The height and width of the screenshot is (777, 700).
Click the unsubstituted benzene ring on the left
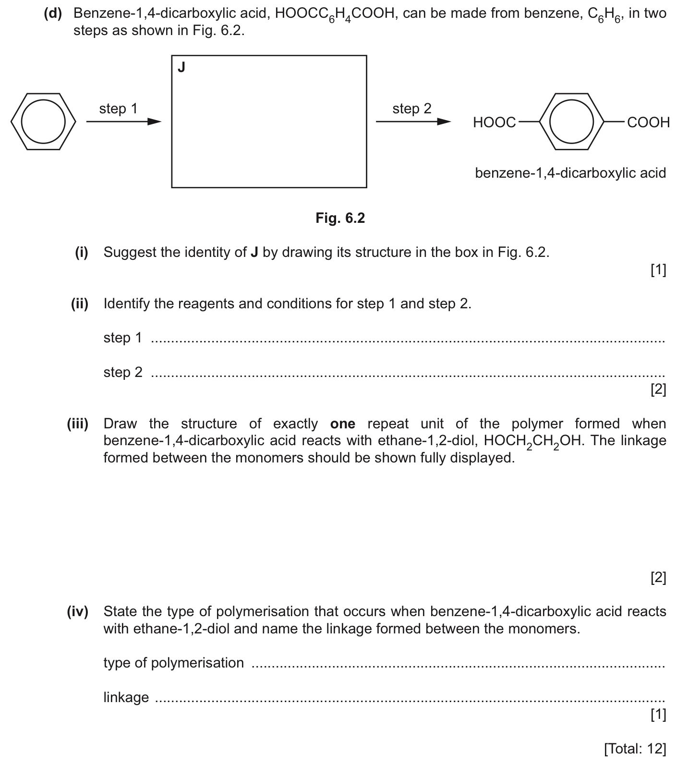click(44, 121)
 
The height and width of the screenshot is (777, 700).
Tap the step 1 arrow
click(123, 122)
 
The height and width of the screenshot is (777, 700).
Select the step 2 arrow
click(413, 122)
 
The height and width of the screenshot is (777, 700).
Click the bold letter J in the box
click(181, 67)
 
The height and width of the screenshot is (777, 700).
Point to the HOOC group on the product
click(494, 122)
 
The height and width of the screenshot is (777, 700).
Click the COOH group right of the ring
click(648, 122)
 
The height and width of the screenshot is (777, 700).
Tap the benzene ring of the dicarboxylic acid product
click(571, 121)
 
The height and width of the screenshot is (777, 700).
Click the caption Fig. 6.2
click(340, 218)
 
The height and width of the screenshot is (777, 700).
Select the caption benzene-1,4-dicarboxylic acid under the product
click(570, 173)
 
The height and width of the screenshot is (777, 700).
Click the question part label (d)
click(53, 13)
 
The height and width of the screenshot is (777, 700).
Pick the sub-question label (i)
click(82, 252)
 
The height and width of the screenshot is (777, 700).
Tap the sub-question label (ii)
click(80, 304)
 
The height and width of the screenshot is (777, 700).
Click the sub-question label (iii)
click(78, 424)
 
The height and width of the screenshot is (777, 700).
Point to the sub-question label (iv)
click(78, 611)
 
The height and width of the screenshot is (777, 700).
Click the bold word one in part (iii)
click(343, 424)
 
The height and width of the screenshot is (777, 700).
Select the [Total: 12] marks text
click(635, 748)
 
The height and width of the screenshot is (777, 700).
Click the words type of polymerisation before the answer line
click(173, 663)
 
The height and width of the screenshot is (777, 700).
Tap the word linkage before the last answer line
click(126, 697)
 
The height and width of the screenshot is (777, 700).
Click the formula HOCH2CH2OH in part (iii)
click(533, 441)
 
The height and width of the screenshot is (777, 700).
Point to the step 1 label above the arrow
click(118, 109)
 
